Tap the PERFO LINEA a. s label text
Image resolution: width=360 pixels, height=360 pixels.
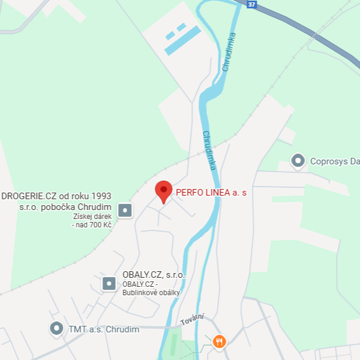(x=211, y=193)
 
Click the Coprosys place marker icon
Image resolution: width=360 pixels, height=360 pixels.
(x=297, y=161)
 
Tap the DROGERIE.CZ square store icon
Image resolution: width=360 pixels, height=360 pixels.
(x=125, y=211)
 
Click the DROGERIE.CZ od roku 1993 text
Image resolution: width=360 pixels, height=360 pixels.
(x=57, y=196)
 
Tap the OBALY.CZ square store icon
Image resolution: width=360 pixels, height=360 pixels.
(x=109, y=283)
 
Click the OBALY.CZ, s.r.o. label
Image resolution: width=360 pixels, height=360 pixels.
(x=154, y=275)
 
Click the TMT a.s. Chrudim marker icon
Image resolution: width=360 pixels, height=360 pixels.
(x=56, y=329)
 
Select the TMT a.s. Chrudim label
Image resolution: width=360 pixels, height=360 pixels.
(x=104, y=329)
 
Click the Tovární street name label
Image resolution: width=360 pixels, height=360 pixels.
(x=193, y=320)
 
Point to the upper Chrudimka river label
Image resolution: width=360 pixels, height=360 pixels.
(x=229, y=52)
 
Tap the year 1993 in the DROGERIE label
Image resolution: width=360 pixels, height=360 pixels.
(x=102, y=196)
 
